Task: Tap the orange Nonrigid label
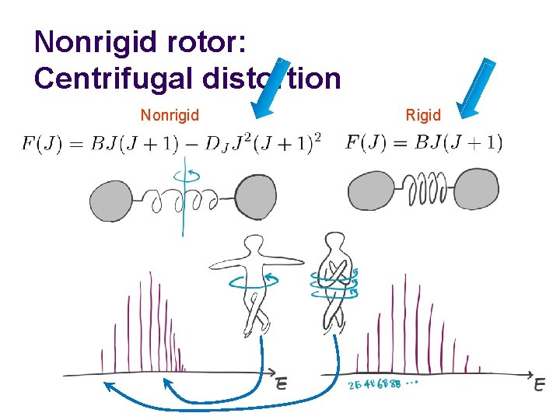coord(170,116)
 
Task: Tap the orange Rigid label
coord(423,116)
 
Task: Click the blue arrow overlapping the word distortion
coord(274,89)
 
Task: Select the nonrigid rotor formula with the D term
coord(172,144)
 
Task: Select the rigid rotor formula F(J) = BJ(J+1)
coord(424,143)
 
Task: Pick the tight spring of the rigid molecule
coord(427,189)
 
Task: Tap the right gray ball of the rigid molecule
coord(476,190)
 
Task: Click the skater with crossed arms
coord(334,280)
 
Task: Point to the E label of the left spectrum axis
coord(281,383)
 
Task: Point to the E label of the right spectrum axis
coord(540,383)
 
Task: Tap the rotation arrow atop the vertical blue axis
coord(184,173)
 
